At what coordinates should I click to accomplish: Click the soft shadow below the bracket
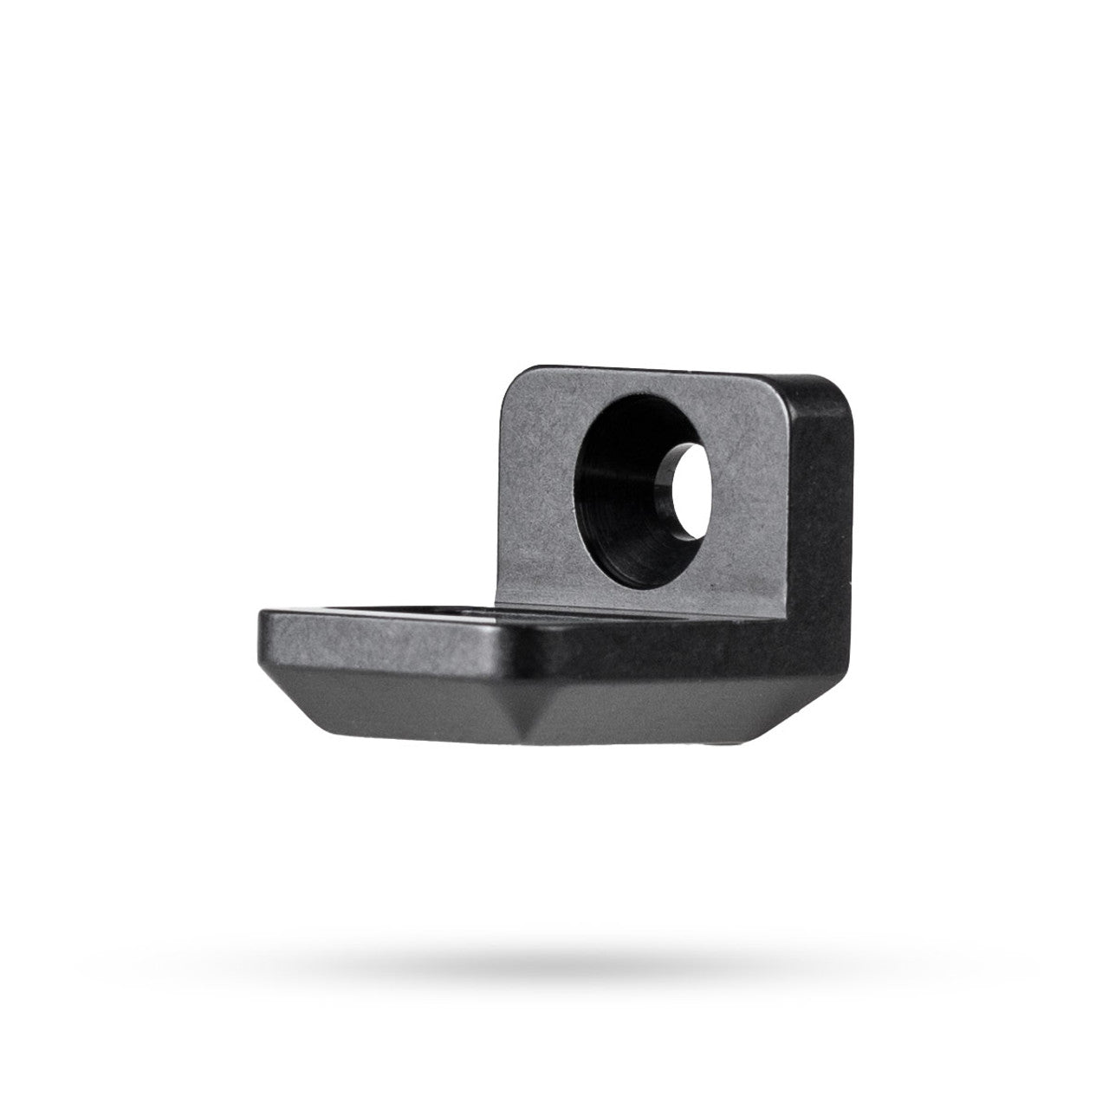point(554,957)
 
